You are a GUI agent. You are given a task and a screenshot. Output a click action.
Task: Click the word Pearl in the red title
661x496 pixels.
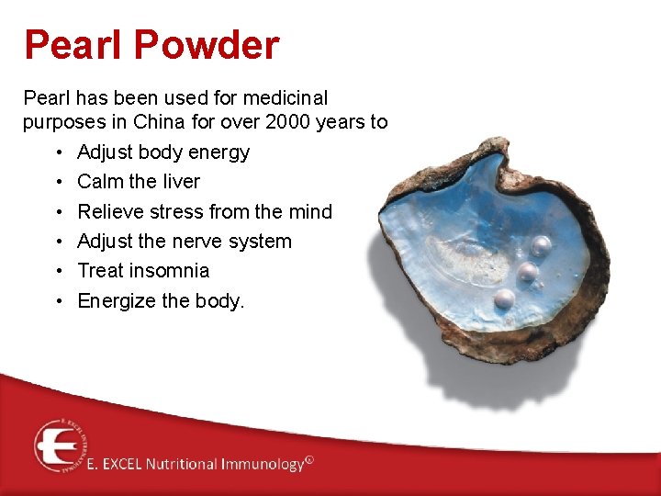point(70,45)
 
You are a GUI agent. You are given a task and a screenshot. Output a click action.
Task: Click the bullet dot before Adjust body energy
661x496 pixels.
point(58,152)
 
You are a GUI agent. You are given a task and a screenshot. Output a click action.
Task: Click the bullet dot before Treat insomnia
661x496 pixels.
point(58,272)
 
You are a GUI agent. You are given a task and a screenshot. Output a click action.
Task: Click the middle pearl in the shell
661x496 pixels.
point(527,272)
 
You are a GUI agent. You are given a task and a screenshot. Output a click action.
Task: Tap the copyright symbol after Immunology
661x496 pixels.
point(309,460)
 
